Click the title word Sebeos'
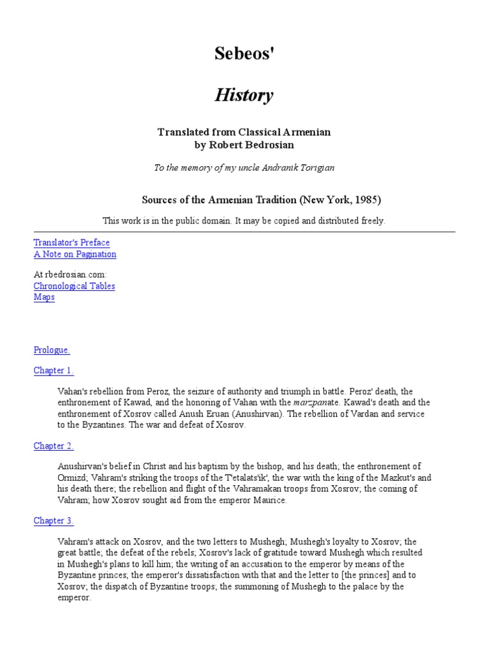[x=244, y=55]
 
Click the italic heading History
[x=244, y=96]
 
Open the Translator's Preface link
[x=71, y=243]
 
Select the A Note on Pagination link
[x=74, y=254]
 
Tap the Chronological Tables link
[x=74, y=286]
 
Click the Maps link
[x=44, y=297]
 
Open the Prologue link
[x=52, y=350]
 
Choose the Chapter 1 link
[x=53, y=371]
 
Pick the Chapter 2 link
[x=53, y=446]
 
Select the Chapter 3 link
[x=53, y=521]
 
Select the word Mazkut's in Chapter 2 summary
[x=397, y=478]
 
